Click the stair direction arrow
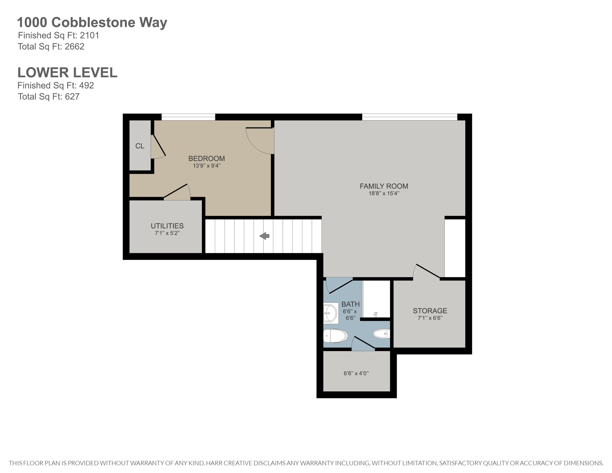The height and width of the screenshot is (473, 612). (264, 236)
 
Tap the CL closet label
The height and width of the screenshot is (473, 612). (140, 146)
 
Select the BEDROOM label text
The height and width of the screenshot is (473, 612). (206, 159)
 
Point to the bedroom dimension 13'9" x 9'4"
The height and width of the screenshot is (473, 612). (206, 166)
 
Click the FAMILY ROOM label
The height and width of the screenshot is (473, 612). (384, 186)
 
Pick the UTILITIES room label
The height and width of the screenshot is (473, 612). (167, 226)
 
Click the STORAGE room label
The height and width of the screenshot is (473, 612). (430, 311)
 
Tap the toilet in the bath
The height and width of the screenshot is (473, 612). (335, 336)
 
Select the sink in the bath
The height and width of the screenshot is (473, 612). (331, 313)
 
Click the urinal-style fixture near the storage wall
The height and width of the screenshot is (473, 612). (382, 333)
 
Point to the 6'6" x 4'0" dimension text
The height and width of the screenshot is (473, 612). (356, 373)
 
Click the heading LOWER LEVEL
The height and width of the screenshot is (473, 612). (67, 73)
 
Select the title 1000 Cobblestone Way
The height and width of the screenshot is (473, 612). (92, 22)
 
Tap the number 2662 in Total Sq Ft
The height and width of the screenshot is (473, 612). (74, 47)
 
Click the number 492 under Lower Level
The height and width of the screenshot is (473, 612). (86, 85)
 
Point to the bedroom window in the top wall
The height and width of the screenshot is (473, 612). (188, 117)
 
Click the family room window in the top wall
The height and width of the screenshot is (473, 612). (409, 117)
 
